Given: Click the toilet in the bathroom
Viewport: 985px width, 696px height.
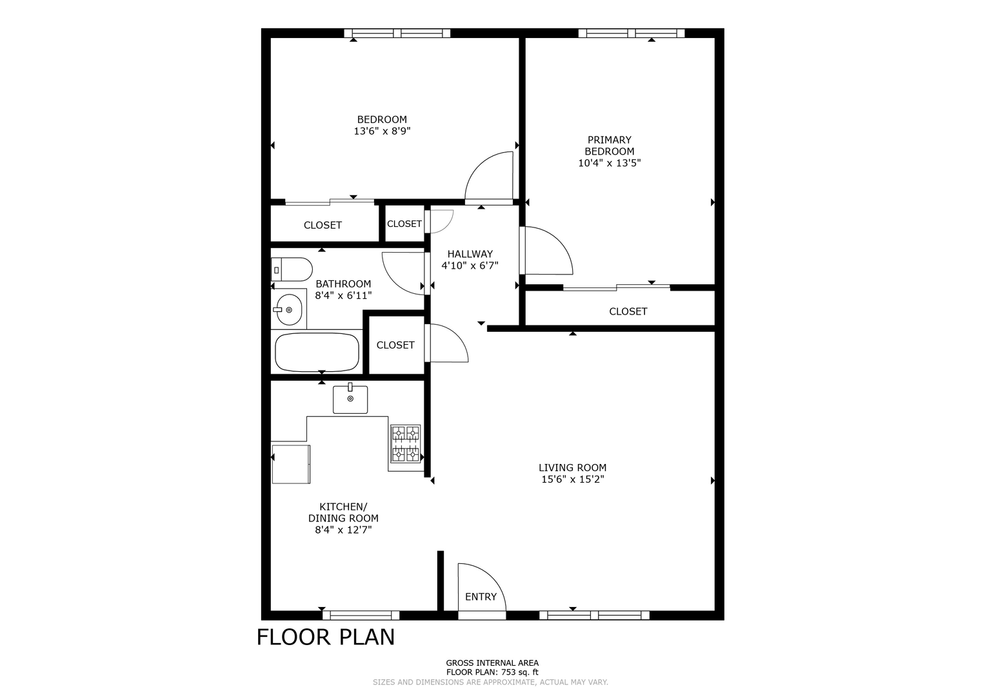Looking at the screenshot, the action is (x=292, y=269).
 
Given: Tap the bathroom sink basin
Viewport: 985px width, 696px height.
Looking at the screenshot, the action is (x=289, y=310).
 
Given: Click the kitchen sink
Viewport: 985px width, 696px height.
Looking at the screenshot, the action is (x=350, y=399).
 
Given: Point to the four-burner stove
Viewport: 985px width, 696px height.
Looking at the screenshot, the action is (x=406, y=444).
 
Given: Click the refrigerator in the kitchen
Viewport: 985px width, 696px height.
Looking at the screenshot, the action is (x=291, y=465).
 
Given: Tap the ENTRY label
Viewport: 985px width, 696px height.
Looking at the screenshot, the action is (x=481, y=597).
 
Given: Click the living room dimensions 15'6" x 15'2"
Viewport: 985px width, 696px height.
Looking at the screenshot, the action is (x=573, y=479).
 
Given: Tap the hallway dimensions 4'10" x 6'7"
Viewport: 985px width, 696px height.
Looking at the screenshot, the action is (x=470, y=266).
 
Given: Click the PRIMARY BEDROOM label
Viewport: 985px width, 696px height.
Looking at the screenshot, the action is (x=609, y=146).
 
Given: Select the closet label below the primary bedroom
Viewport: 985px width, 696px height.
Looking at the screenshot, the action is (x=628, y=311).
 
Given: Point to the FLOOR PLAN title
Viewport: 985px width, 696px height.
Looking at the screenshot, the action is (x=325, y=637).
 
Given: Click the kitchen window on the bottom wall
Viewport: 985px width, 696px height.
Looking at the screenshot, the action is (x=361, y=615).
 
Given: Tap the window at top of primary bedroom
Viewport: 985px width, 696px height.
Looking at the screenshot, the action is (x=632, y=33).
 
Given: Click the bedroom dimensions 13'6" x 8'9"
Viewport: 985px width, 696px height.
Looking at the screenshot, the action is (x=382, y=131).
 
